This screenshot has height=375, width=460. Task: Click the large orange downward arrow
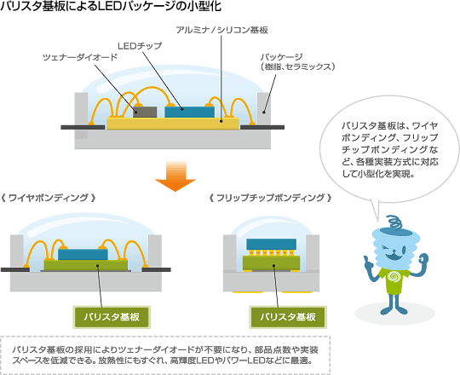[x=175, y=176]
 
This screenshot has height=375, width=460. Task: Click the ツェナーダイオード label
[x=80, y=57]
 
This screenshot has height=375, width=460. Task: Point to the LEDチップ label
[x=140, y=46]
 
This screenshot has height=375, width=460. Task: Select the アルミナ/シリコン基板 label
[x=221, y=30]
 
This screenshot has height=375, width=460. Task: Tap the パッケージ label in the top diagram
[x=297, y=62]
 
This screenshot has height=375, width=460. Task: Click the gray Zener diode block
[x=145, y=112]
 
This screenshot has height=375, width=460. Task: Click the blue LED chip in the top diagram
[x=189, y=112]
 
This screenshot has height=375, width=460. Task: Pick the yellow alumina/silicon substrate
[x=173, y=124]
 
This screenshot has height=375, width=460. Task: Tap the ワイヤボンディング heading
[x=49, y=198]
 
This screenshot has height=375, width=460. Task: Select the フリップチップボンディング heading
[x=271, y=198]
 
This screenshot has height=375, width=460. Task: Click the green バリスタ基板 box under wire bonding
[x=112, y=317]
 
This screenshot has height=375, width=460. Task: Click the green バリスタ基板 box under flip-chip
[x=288, y=317]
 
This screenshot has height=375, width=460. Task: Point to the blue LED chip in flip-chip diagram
[x=272, y=244]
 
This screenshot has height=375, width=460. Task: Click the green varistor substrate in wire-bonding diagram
[x=86, y=265]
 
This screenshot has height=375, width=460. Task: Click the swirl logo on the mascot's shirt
[x=394, y=277]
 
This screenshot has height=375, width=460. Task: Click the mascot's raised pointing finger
[x=365, y=260]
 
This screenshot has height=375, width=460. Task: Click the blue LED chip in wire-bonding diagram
[x=83, y=254]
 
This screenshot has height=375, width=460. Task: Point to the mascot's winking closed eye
[x=386, y=250]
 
